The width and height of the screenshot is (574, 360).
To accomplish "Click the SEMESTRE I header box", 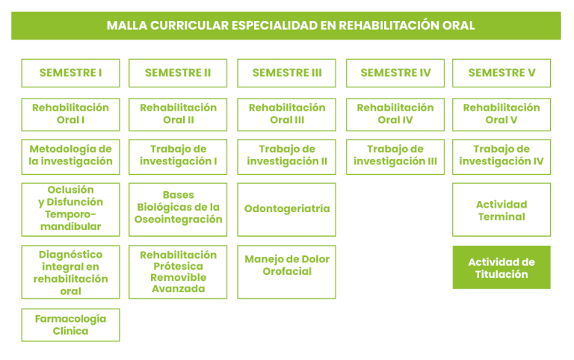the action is [x=71, y=73].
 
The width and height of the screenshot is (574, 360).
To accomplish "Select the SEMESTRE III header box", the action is [x=287, y=73].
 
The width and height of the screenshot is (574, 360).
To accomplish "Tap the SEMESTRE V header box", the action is [x=502, y=73].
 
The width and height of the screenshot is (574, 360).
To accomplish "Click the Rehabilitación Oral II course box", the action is [x=178, y=114].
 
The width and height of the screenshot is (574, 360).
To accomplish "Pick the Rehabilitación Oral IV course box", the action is [x=395, y=114].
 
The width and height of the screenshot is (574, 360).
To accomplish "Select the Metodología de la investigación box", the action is [x=71, y=157].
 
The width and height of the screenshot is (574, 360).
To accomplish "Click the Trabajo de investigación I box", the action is [x=178, y=157].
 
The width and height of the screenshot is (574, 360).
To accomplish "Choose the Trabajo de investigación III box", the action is [x=395, y=157].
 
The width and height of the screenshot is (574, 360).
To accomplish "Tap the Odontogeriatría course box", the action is [x=287, y=210].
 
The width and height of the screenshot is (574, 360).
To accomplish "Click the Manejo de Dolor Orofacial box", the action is [x=287, y=272].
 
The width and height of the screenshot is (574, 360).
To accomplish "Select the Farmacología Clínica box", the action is [x=71, y=325].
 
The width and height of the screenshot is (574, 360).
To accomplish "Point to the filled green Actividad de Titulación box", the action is [x=502, y=267].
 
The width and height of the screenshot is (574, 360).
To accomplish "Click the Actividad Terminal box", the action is [x=502, y=210].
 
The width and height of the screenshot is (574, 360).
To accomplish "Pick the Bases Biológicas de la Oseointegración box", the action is [x=178, y=210].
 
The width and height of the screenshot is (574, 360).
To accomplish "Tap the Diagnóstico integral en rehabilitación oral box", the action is [x=71, y=272].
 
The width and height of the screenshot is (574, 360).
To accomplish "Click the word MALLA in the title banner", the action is [x=126, y=25].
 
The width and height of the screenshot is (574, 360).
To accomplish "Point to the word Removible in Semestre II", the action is [x=179, y=277].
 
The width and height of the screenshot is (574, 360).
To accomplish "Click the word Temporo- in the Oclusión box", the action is [x=71, y=214].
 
